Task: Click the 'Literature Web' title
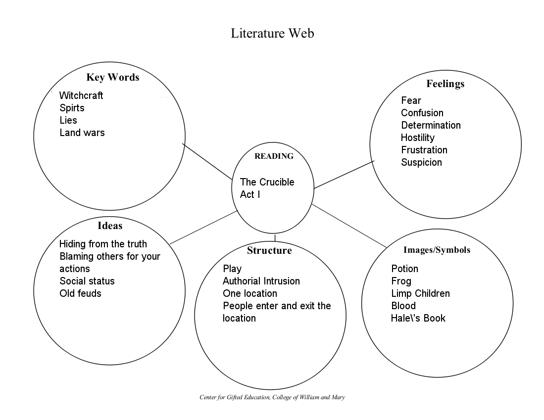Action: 272,33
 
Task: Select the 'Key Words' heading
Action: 113,77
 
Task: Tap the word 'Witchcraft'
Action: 81,95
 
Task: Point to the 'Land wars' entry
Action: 82,133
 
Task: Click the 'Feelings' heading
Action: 445,84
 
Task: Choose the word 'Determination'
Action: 431,125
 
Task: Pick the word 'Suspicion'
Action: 422,162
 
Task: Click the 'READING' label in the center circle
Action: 274,156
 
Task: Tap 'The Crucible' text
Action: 267,182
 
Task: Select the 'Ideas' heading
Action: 110,226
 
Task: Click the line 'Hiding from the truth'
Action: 103,244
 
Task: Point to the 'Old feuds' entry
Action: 81,293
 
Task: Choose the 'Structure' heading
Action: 270,250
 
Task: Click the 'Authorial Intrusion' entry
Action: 261,281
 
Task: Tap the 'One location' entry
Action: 250,293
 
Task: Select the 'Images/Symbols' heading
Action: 437,250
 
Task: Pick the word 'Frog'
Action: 401,281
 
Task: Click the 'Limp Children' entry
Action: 420,293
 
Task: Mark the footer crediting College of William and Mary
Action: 272,397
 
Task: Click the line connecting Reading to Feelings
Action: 344,175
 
